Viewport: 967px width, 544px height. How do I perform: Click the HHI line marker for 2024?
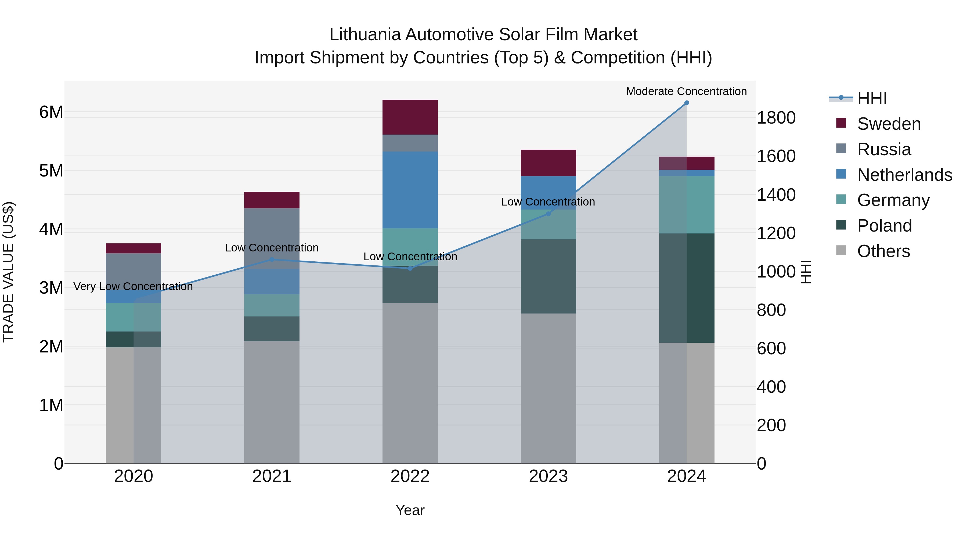(x=687, y=103)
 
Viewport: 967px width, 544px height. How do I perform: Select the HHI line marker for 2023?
(x=548, y=214)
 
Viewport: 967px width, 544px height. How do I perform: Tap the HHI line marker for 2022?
(x=410, y=268)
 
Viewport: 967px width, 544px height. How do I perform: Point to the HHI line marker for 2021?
(x=272, y=260)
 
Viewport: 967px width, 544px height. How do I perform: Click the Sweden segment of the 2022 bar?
(x=410, y=117)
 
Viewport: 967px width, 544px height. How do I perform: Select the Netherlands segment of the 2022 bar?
(x=410, y=190)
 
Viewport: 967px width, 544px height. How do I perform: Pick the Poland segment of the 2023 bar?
(x=548, y=276)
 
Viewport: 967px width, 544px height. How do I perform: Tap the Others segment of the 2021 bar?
(x=272, y=402)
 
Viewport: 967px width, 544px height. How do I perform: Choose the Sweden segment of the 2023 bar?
(x=548, y=163)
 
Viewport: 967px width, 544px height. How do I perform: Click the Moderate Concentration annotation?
(x=686, y=91)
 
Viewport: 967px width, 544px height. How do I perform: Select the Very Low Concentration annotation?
(x=133, y=286)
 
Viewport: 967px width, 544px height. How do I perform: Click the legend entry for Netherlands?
(x=904, y=175)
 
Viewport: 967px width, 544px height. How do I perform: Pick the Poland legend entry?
(x=884, y=226)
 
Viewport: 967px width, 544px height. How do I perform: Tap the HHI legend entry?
(x=872, y=98)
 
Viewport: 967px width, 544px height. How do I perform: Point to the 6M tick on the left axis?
(x=51, y=112)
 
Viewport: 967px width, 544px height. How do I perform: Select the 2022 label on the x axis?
(x=410, y=476)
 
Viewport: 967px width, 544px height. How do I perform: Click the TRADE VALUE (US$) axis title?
(x=8, y=272)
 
